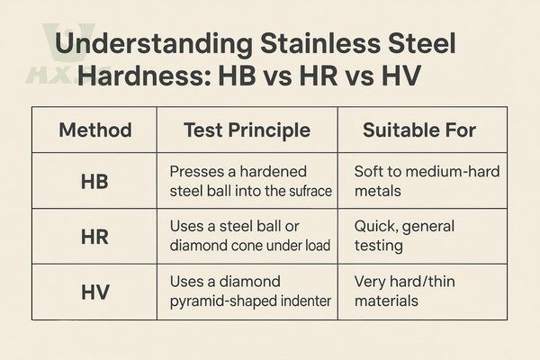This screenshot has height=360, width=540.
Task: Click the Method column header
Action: point(94,130)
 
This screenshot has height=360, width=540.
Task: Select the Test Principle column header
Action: point(247,130)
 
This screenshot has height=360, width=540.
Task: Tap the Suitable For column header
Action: point(419,130)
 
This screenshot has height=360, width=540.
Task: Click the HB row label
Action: point(94,181)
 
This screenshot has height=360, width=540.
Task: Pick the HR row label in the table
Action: point(94,238)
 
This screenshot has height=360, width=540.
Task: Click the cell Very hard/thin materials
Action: point(400,291)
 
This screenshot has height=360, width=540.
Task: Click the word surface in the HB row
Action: point(305,190)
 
